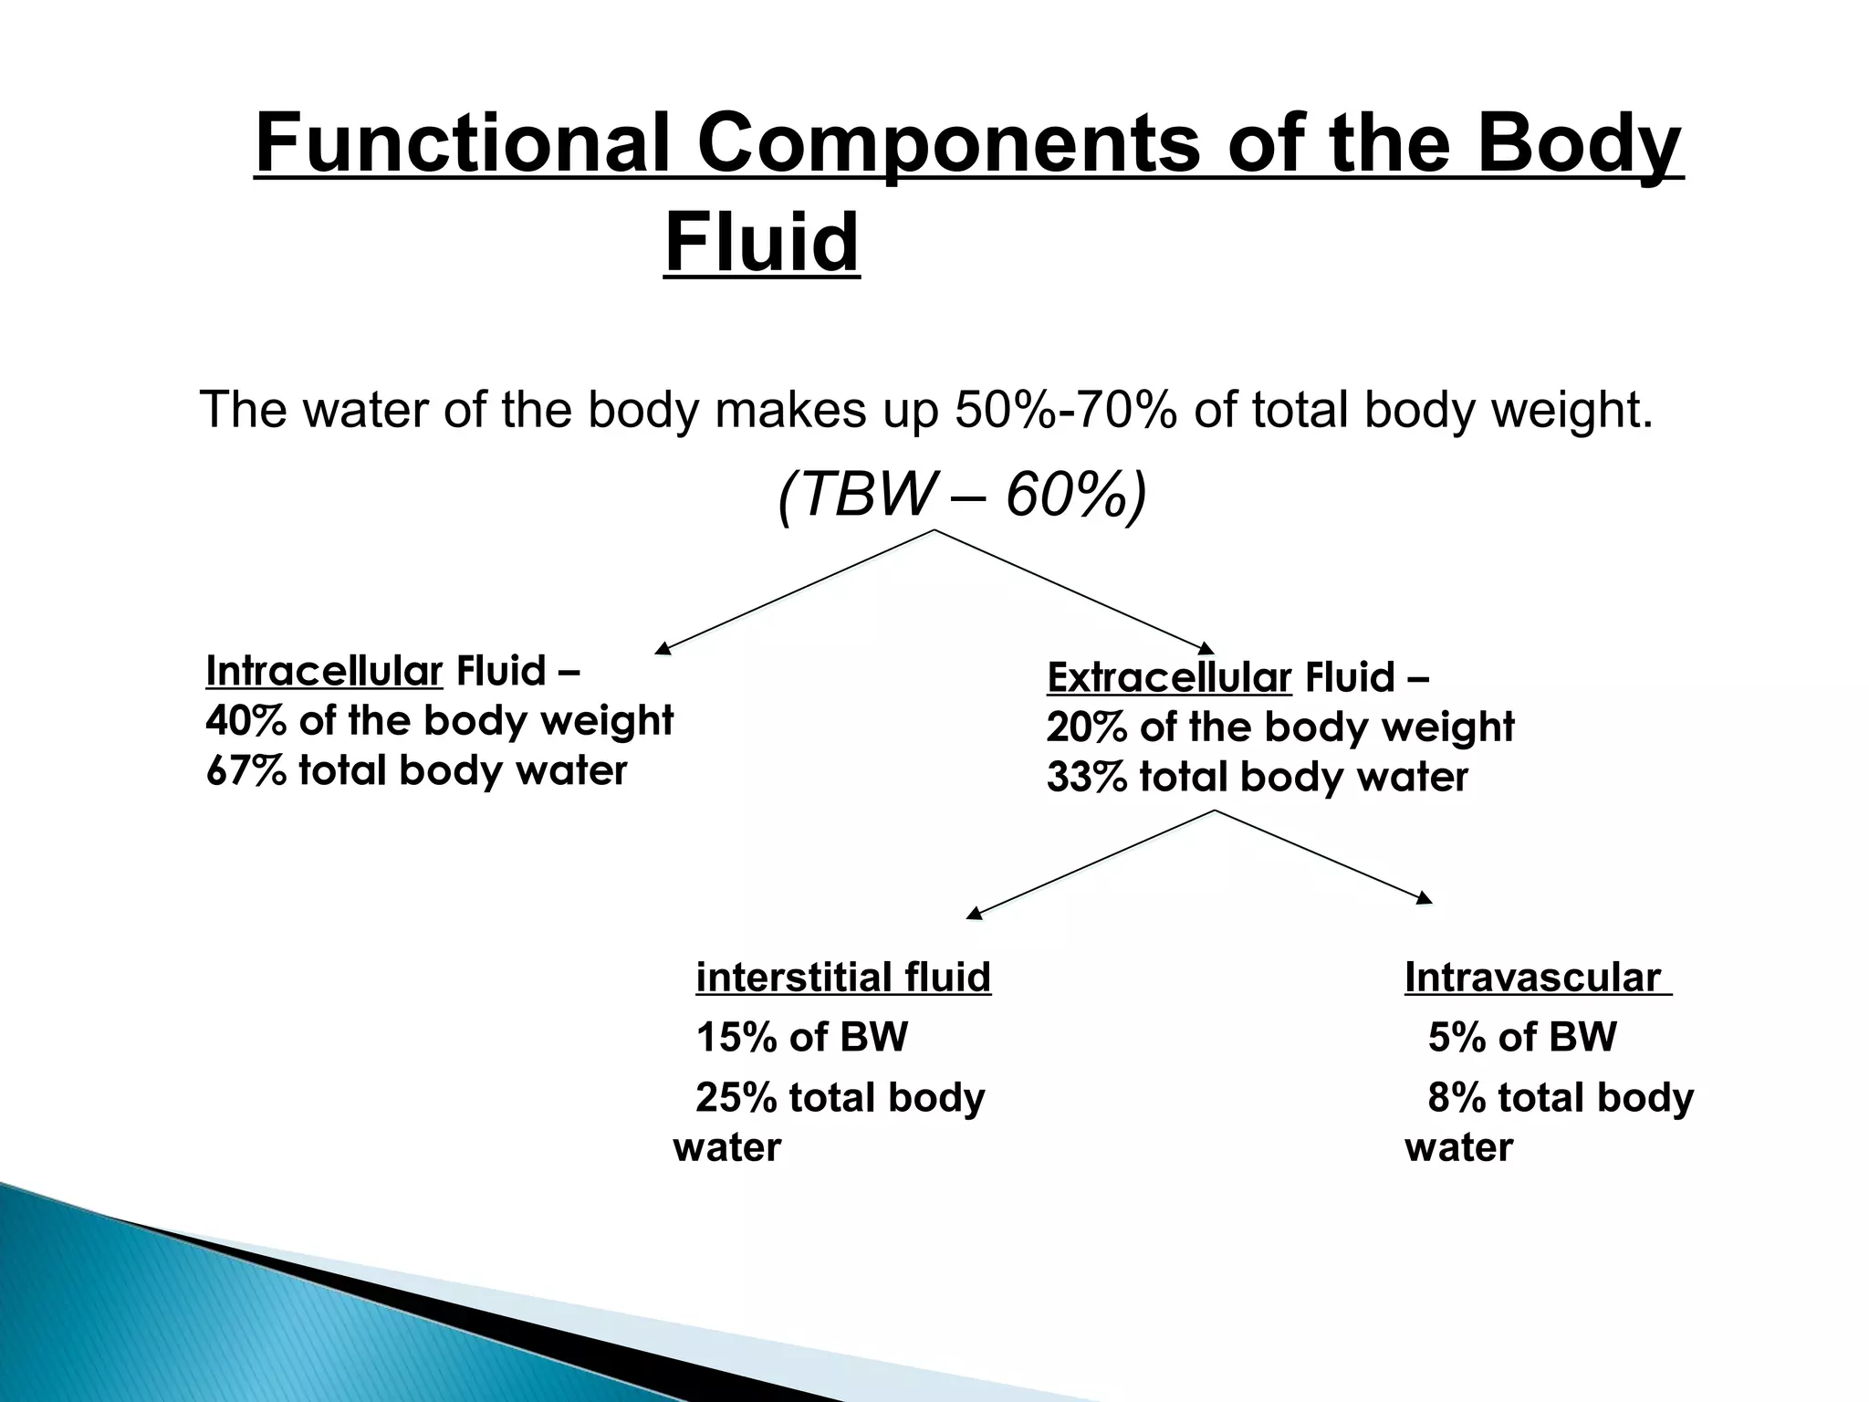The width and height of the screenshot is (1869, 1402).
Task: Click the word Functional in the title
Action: [462, 143]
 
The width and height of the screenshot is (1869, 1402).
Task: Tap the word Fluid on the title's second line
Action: [761, 243]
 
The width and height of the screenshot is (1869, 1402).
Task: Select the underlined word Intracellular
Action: [324, 671]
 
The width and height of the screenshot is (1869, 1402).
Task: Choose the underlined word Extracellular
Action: [1168, 677]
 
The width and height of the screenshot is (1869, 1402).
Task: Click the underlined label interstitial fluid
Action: [842, 978]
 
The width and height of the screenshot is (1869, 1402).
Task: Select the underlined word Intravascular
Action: [1531, 978]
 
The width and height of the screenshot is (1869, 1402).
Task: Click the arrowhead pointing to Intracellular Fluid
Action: [663, 649]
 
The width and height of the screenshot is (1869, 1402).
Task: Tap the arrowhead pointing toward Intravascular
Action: [1424, 899]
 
